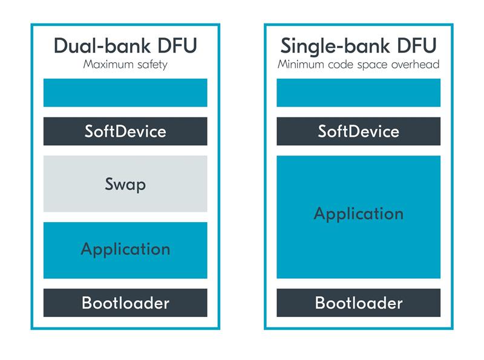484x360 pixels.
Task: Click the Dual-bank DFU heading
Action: (x=125, y=46)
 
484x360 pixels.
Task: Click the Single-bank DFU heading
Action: (x=358, y=46)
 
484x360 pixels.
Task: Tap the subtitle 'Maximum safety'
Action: (x=125, y=65)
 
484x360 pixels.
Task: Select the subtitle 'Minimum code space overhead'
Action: (x=358, y=65)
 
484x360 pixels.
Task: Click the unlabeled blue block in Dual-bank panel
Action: (x=125, y=93)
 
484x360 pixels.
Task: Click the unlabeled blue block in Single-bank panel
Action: (x=358, y=93)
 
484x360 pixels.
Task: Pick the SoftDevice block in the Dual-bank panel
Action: (x=125, y=131)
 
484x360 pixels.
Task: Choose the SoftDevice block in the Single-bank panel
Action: (x=358, y=131)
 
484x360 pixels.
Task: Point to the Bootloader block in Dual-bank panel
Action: (x=125, y=303)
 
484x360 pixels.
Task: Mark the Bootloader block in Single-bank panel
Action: (x=358, y=303)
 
